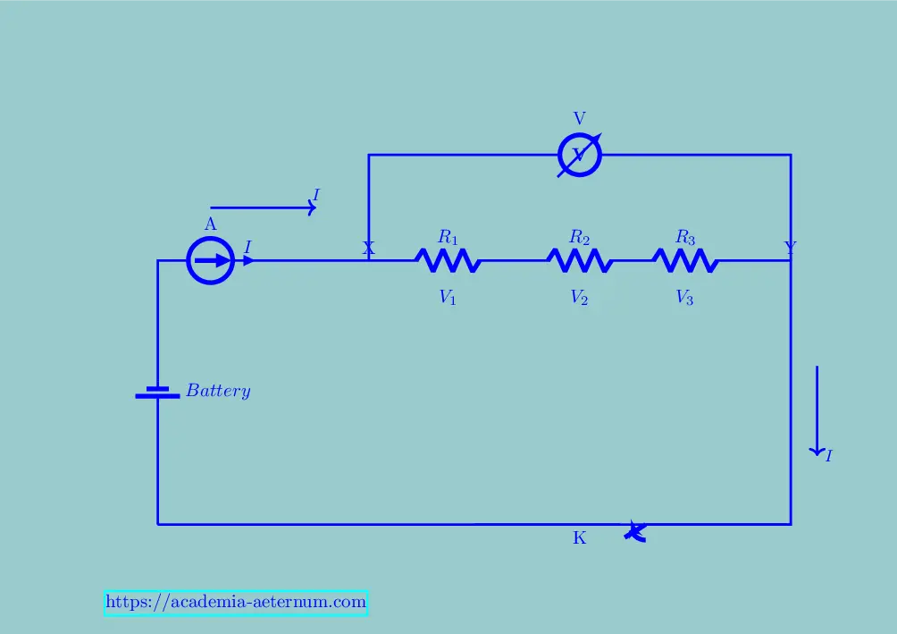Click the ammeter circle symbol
[x=211, y=261]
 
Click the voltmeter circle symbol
[x=580, y=156]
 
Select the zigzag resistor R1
[x=448, y=261]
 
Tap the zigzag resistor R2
[x=580, y=261]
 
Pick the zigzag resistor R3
[x=685, y=261]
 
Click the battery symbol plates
[x=158, y=392]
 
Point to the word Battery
[x=218, y=391]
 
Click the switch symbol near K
[x=634, y=531]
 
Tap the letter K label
[x=580, y=538]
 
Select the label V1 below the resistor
[x=448, y=298]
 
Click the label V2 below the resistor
[x=580, y=298]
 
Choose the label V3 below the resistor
[x=685, y=298]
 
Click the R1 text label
[x=448, y=237]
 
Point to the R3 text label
[x=685, y=237]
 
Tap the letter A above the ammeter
[x=211, y=224]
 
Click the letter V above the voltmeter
[x=580, y=119]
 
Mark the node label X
[x=368, y=248]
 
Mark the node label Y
[x=790, y=248]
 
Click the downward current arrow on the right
[x=817, y=411]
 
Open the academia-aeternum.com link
[x=236, y=603]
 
